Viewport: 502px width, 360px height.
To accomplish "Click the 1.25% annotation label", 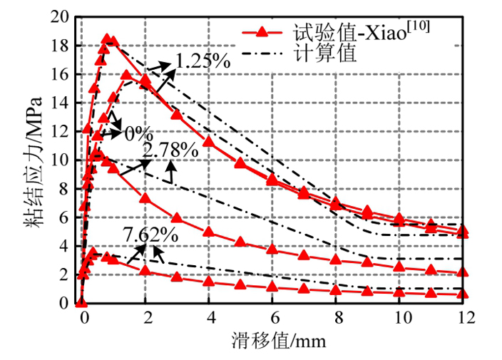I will [202, 61].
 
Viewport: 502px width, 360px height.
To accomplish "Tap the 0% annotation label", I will [139, 133].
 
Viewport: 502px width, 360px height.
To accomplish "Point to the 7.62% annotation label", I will [150, 234].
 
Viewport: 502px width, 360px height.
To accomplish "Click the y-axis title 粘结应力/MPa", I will [34, 158].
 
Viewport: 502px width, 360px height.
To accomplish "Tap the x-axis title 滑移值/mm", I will [273, 341].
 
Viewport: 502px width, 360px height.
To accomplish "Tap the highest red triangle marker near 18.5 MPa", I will [107, 39].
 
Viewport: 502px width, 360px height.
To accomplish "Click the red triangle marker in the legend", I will [261, 32].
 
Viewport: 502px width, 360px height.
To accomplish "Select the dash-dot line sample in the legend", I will [261, 54].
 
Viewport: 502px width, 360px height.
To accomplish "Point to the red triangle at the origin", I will [81, 302].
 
